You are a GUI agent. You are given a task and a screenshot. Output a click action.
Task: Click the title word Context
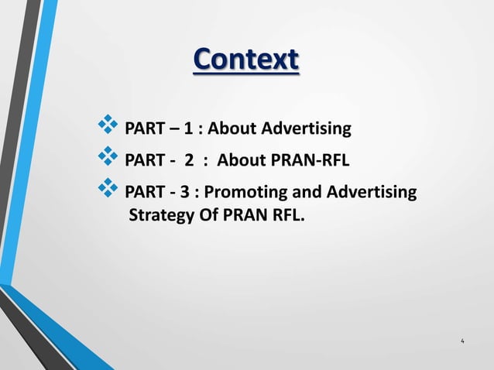coord(245,60)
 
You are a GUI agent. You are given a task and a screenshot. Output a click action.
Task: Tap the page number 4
coord(462,341)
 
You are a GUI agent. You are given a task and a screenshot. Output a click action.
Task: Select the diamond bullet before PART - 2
coord(106,158)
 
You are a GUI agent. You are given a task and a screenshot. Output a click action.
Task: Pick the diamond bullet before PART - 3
coord(106,190)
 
